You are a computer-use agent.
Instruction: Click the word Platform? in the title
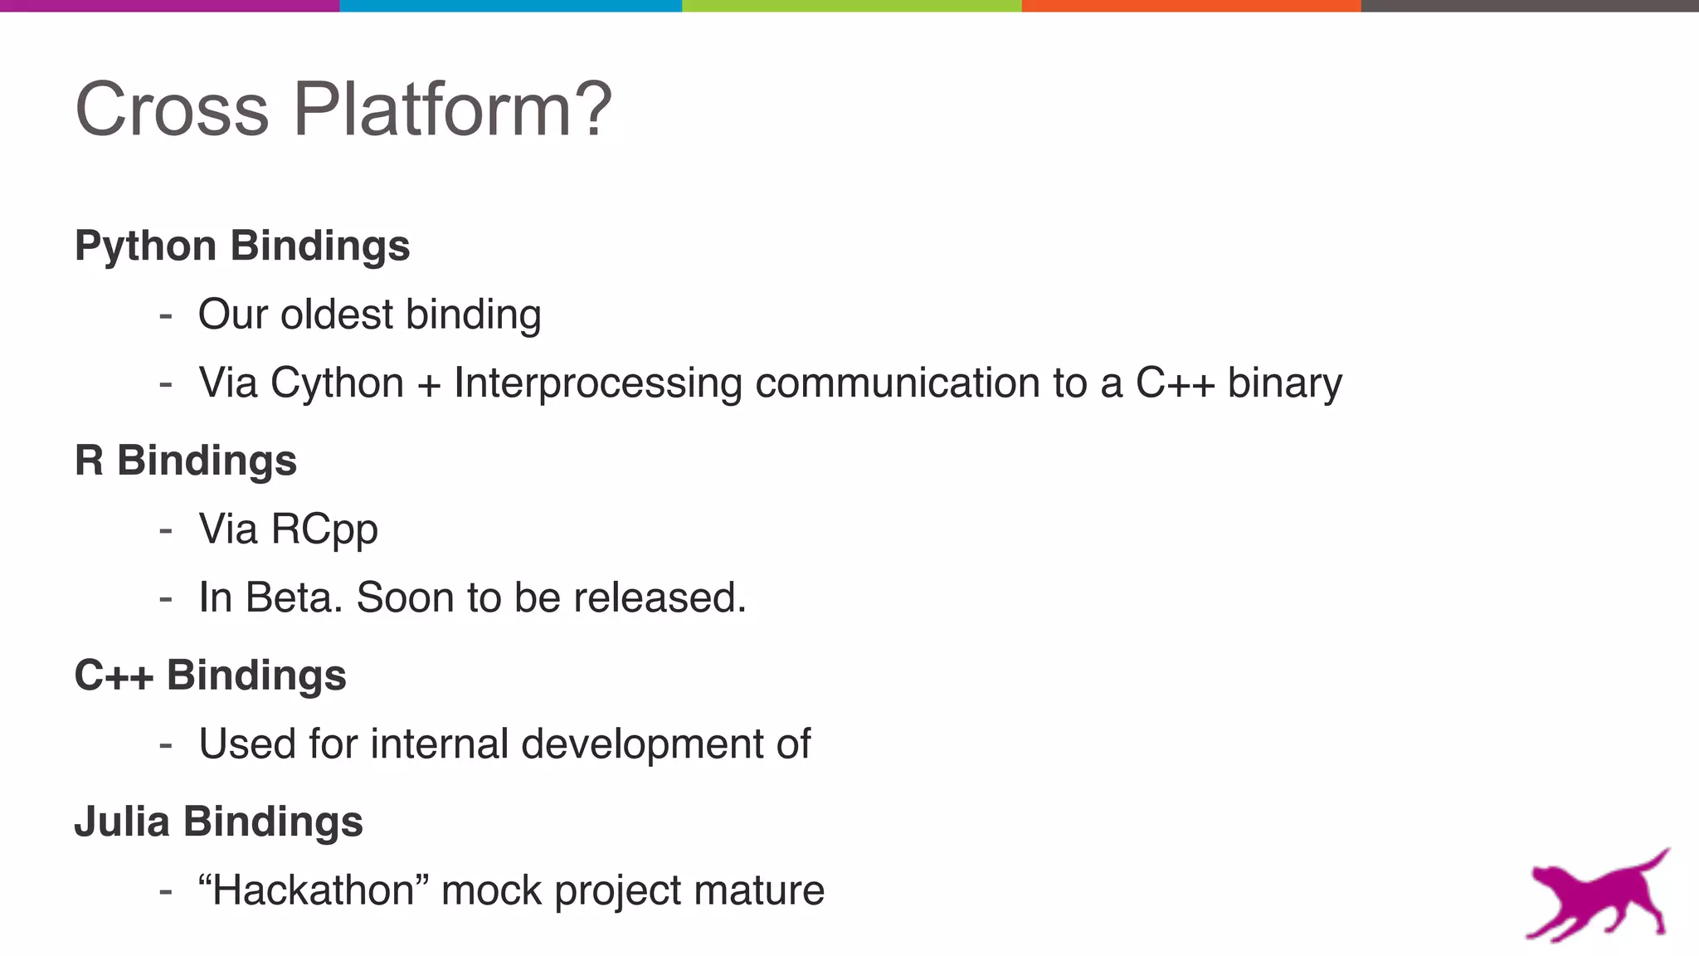pyautogui.click(x=452, y=110)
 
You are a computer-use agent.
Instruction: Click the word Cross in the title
pyautogui.click(x=172, y=110)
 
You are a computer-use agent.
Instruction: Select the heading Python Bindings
pyautogui.click(x=242, y=246)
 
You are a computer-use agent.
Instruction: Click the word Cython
pyautogui.click(x=337, y=384)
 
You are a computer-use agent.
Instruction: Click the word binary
pyautogui.click(x=1284, y=384)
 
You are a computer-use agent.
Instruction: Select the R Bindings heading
pyautogui.click(x=186, y=461)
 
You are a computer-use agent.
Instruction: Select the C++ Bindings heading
pyautogui.click(x=210, y=675)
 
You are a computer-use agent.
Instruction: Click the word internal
pyautogui.click(x=439, y=744)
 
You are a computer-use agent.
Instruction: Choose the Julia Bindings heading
pyautogui.click(x=218, y=822)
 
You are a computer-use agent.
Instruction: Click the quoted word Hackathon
pyautogui.click(x=314, y=890)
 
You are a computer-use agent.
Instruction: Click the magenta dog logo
pyautogui.click(x=1598, y=896)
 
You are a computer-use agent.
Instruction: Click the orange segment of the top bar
pyautogui.click(x=1190, y=6)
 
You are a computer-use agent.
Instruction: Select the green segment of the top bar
pyautogui.click(x=851, y=6)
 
